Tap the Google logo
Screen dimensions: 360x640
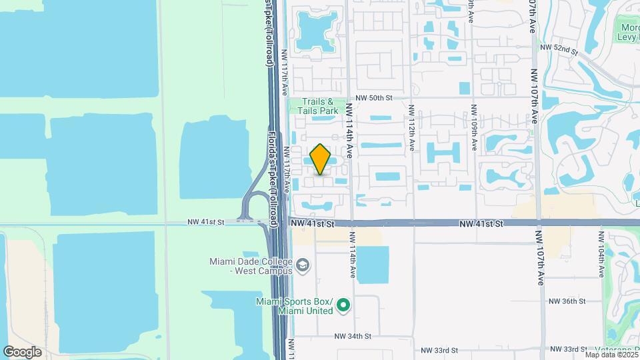pyautogui.click(x=23, y=351)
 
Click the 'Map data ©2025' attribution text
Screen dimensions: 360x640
pyautogui.click(x=611, y=355)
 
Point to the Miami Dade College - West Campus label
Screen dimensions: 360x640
pyautogui.click(x=250, y=266)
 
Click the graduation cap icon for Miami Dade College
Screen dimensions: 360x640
pyautogui.click(x=303, y=266)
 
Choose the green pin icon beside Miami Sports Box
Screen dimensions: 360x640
pyautogui.click(x=344, y=306)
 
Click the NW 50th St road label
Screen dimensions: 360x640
pyautogui.click(x=375, y=97)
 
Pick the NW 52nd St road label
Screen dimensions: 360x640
pyautogui.click(x=559, y=48)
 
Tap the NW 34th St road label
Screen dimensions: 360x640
pyautogui.click(x=353, y=337)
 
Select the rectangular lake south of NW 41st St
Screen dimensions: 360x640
pyautogui.click(x=373, y=264)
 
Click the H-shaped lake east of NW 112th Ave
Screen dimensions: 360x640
pyautogui.click(x=443, y=151)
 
